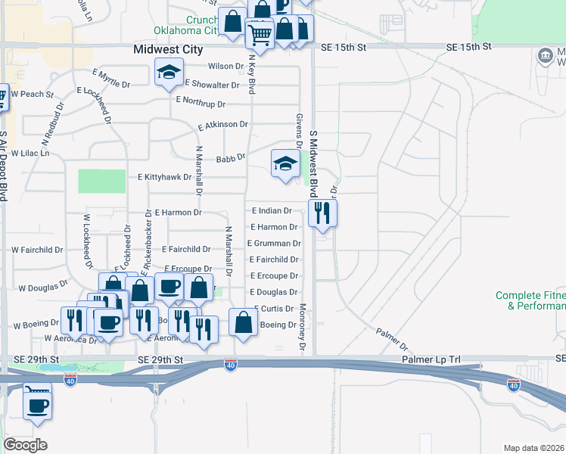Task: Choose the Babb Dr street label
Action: point(231,158)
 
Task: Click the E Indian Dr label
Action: point(272,210)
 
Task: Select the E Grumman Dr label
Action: point(274,244)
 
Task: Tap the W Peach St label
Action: point(33,95)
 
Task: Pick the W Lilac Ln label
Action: point(30,154)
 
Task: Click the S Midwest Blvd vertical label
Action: point(313,163)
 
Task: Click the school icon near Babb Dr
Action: point(285,163)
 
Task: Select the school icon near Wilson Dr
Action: point(169,73)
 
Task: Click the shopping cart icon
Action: point(260,33)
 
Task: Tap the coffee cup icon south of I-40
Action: point(37,404)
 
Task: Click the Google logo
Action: point(26,444)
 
